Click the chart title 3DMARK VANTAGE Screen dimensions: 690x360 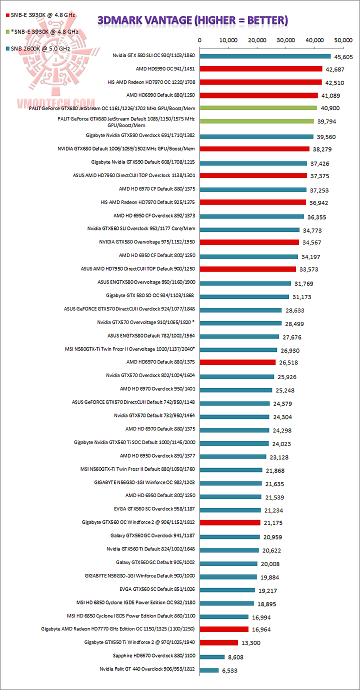pos(192,20)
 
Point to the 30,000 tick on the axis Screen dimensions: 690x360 pos(286,39)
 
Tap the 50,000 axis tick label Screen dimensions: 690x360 pos(344,39)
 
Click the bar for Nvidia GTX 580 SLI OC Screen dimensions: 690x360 pos(265,56)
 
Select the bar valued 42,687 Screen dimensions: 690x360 pos(261,68)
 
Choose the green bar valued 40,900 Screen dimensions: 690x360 pos(258,108)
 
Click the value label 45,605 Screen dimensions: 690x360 pos(345,56)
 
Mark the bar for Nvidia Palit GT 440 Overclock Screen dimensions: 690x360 pos(209,670)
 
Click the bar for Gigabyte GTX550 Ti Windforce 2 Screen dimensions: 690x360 pos(219,642)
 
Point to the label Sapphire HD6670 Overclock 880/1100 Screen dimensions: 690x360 pos(154,655)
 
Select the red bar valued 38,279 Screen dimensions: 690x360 pos(254,148)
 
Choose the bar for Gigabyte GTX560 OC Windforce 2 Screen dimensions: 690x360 pos(230,522)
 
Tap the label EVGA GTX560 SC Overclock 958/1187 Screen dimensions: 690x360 pos(154,509)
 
